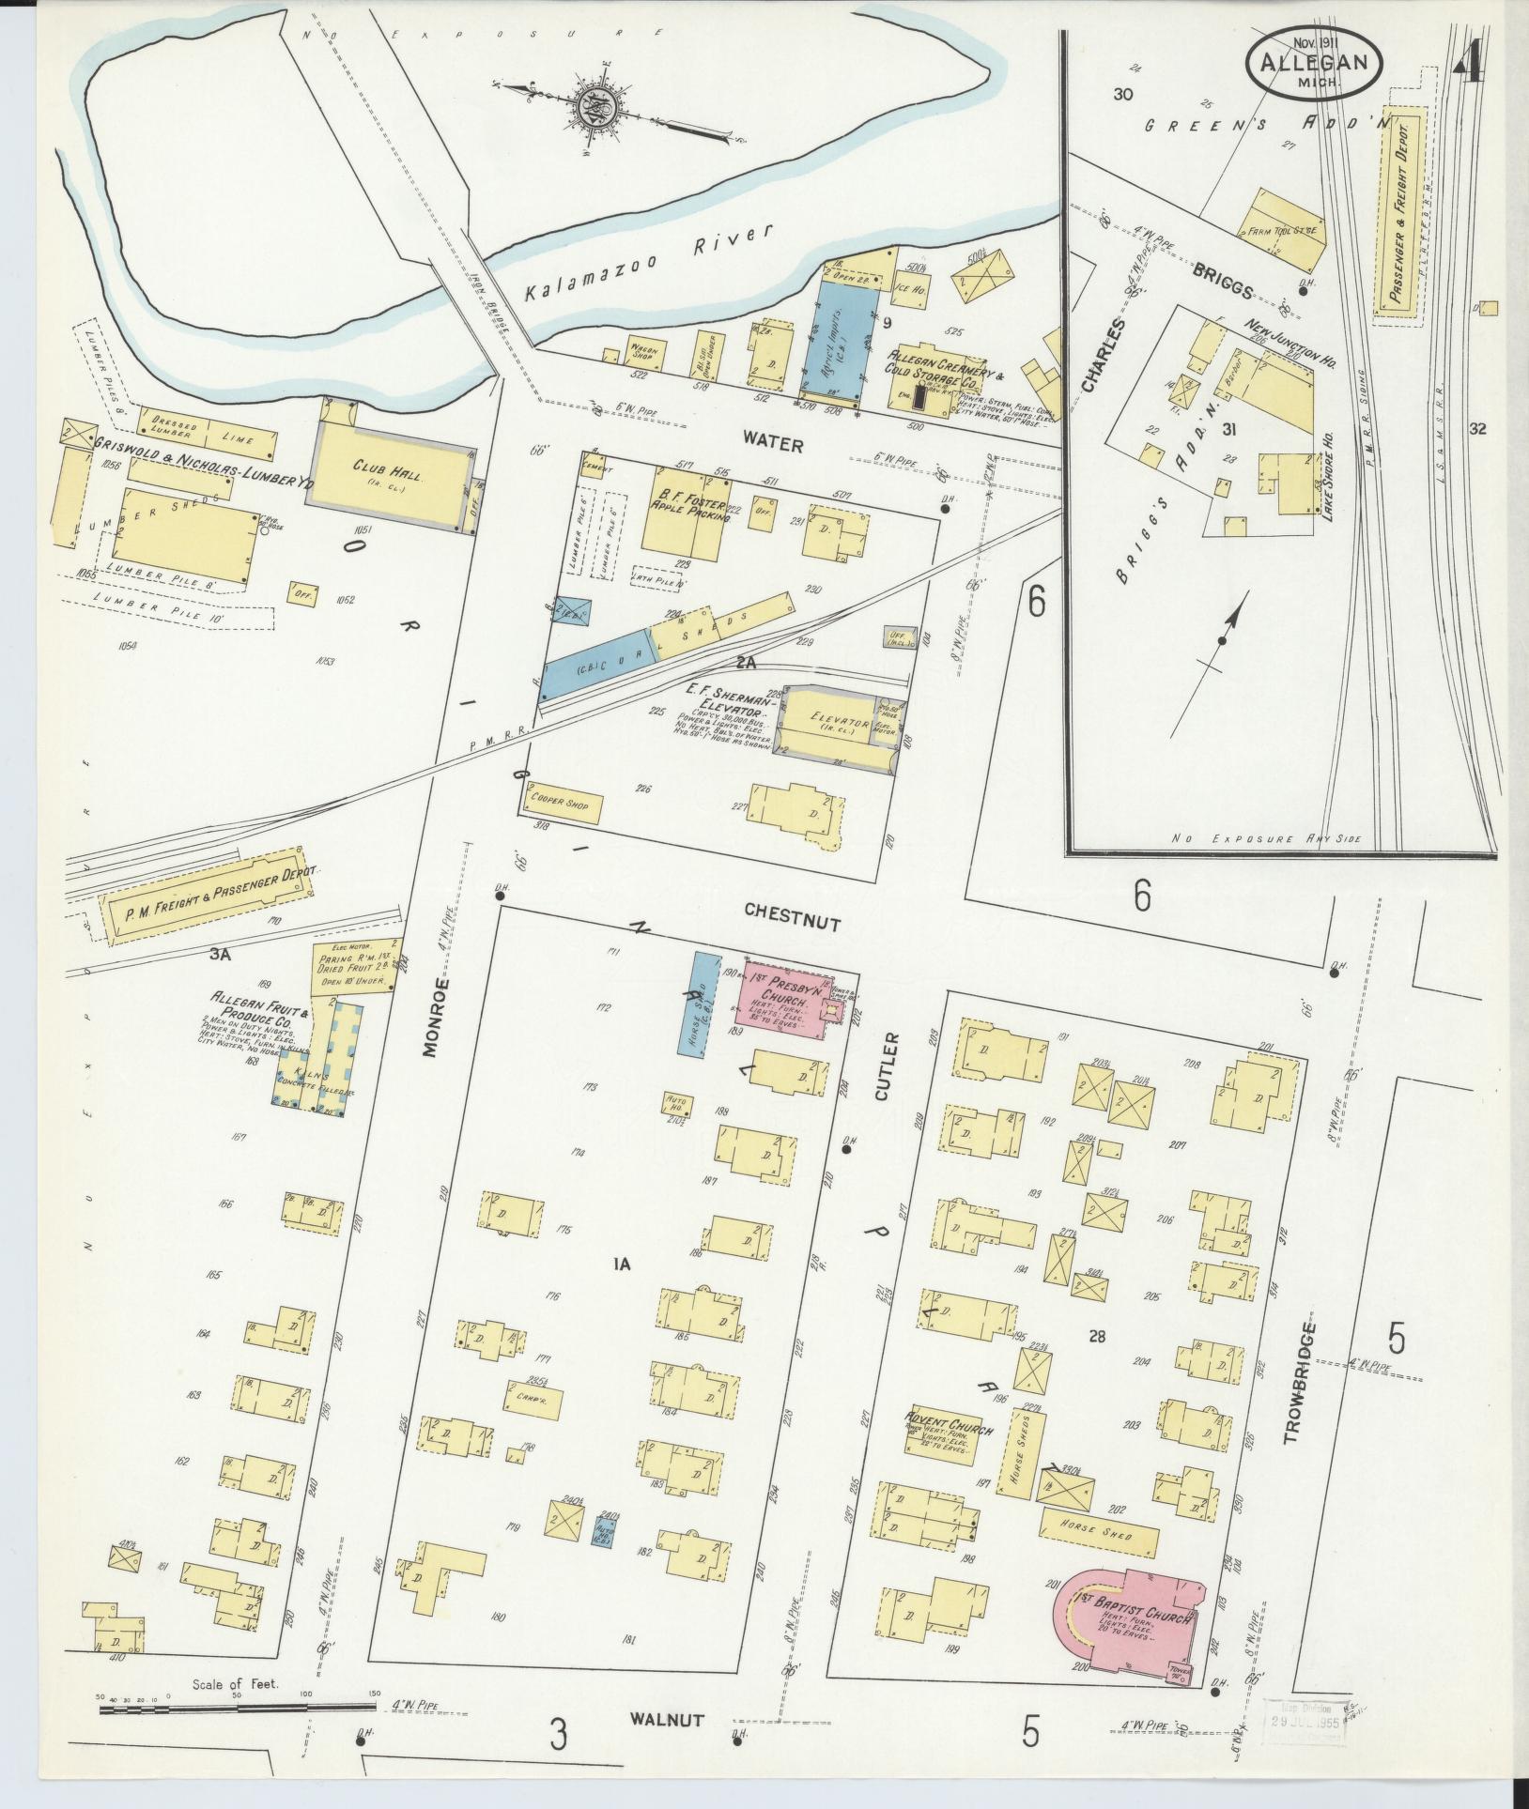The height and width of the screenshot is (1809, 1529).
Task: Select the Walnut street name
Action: click(x=667, y=1720)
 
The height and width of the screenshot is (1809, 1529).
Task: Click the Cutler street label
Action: click(x=890, y=1067)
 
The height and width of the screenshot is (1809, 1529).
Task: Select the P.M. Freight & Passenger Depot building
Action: click(x=208, y=896)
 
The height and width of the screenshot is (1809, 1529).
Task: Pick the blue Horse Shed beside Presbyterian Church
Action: click(x=699, y=1003)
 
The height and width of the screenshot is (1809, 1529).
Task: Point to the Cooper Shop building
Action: click(x=564, y=803)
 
